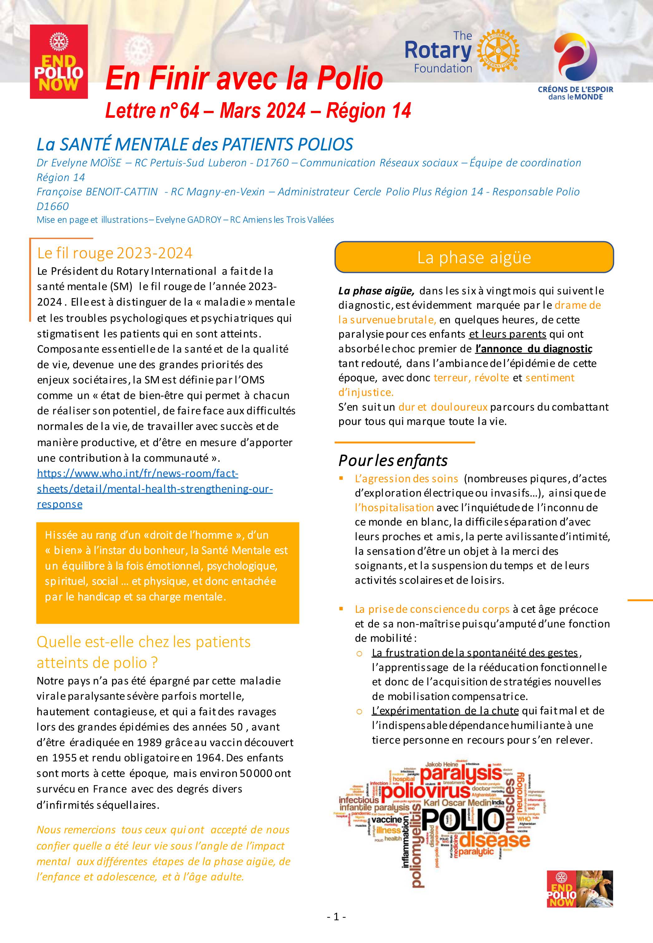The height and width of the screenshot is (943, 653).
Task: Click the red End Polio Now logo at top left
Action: [59, 62]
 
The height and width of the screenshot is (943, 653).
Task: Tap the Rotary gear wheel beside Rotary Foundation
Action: [498, 51]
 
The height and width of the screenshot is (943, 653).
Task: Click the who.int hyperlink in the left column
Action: [154, 488]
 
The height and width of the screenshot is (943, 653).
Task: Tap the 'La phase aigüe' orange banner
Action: [474, 257]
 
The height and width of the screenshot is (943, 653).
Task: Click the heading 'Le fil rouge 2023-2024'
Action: [115, 253]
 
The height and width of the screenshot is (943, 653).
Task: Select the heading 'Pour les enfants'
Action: [393, 461]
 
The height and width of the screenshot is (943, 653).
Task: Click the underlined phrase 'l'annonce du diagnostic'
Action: [534, 349]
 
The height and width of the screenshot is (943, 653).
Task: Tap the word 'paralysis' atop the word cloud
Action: [461, 773]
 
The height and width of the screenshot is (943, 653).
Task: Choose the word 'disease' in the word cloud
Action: [495, 840]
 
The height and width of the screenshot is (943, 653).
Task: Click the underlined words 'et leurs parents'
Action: [507, 334]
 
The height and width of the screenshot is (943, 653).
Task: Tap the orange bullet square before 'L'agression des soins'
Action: [341, 478]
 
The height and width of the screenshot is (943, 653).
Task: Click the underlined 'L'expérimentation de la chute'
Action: [445, 711]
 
